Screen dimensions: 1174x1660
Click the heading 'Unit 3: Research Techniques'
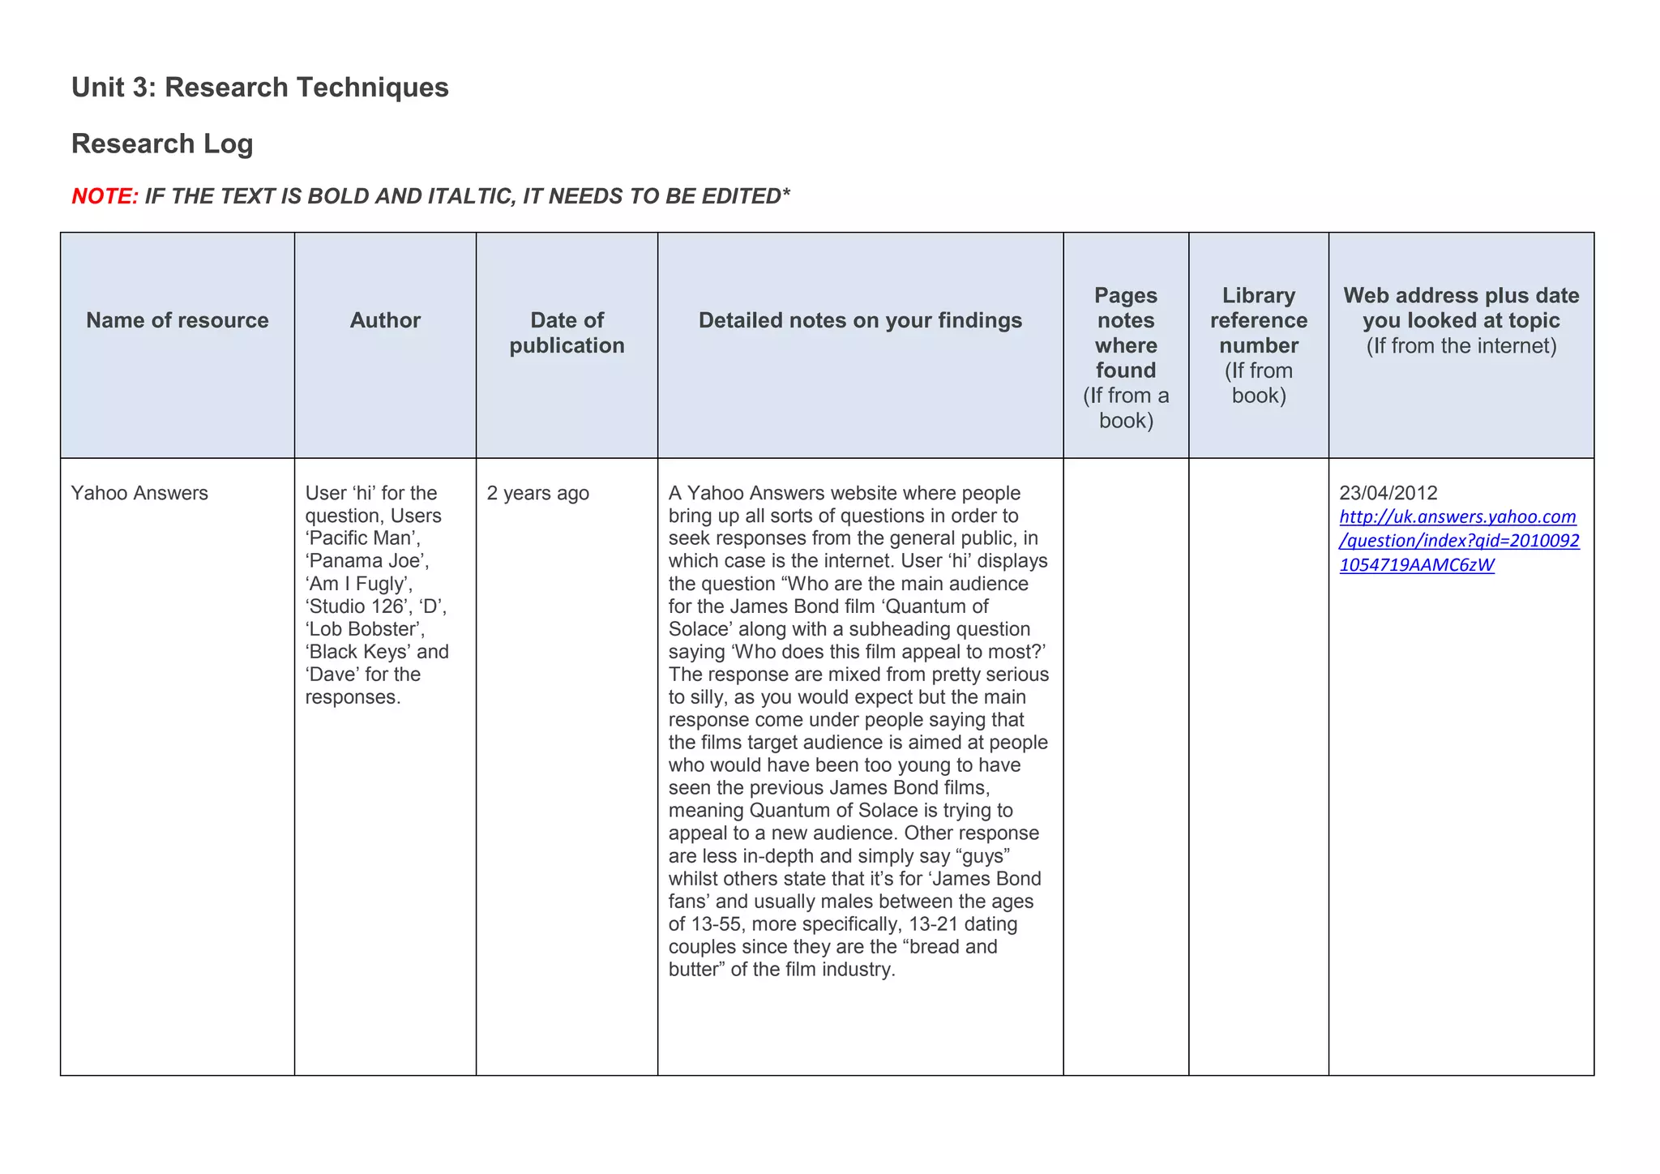click(259, 88)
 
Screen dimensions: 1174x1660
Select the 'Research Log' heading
click(162, 144)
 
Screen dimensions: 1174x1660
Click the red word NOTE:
click(105, 196)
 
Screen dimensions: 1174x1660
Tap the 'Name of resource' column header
click(177, 321)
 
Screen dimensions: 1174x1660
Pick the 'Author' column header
click(385, 321)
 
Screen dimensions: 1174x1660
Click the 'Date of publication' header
click(567, 333)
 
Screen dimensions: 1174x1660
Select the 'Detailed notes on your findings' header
click(860, 321)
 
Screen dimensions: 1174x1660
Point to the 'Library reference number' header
click(1258, 321)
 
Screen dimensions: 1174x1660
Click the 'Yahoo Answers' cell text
click(139, 494)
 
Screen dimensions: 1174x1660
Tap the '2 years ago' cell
click(537, 494)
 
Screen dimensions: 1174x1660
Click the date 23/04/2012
click(1388, 493)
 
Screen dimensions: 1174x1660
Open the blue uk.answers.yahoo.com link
click(1458, 541)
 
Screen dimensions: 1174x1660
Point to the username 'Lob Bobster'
click(365, 629)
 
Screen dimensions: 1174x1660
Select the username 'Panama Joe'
click(366, 561)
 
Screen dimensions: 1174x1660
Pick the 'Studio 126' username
click(357, 606)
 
